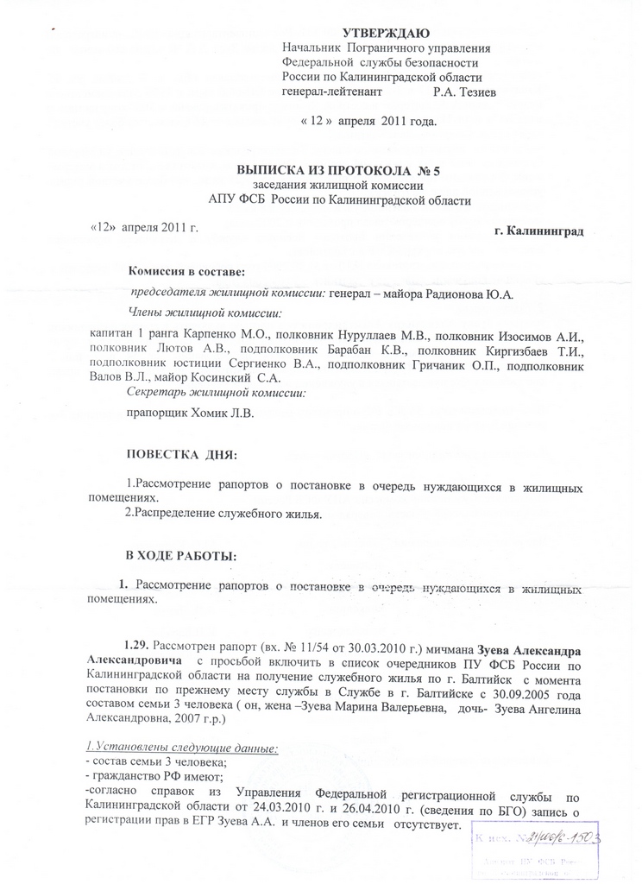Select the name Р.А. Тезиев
464,91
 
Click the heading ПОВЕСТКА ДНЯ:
180,454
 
